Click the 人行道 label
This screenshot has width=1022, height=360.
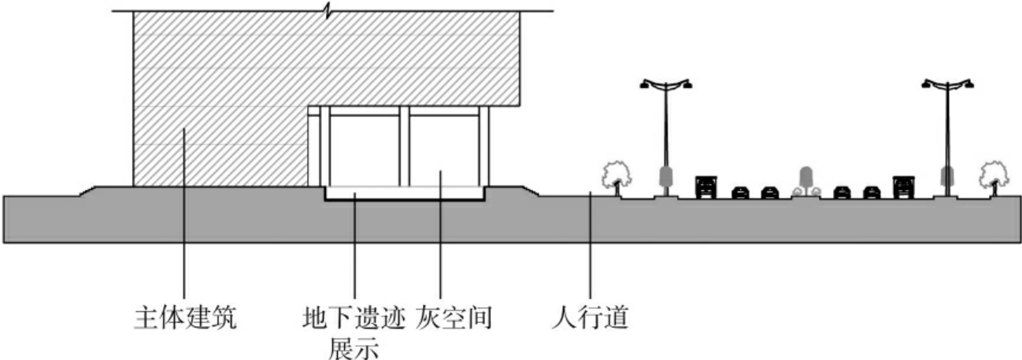[x=591, y=319]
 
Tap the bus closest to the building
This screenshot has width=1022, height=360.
[x=705, y=186]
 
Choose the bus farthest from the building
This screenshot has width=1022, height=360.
[x=902, y=186]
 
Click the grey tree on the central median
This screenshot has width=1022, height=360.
[x=805, y=180]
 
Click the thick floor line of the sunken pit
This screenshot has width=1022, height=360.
[x=405, y=200]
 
